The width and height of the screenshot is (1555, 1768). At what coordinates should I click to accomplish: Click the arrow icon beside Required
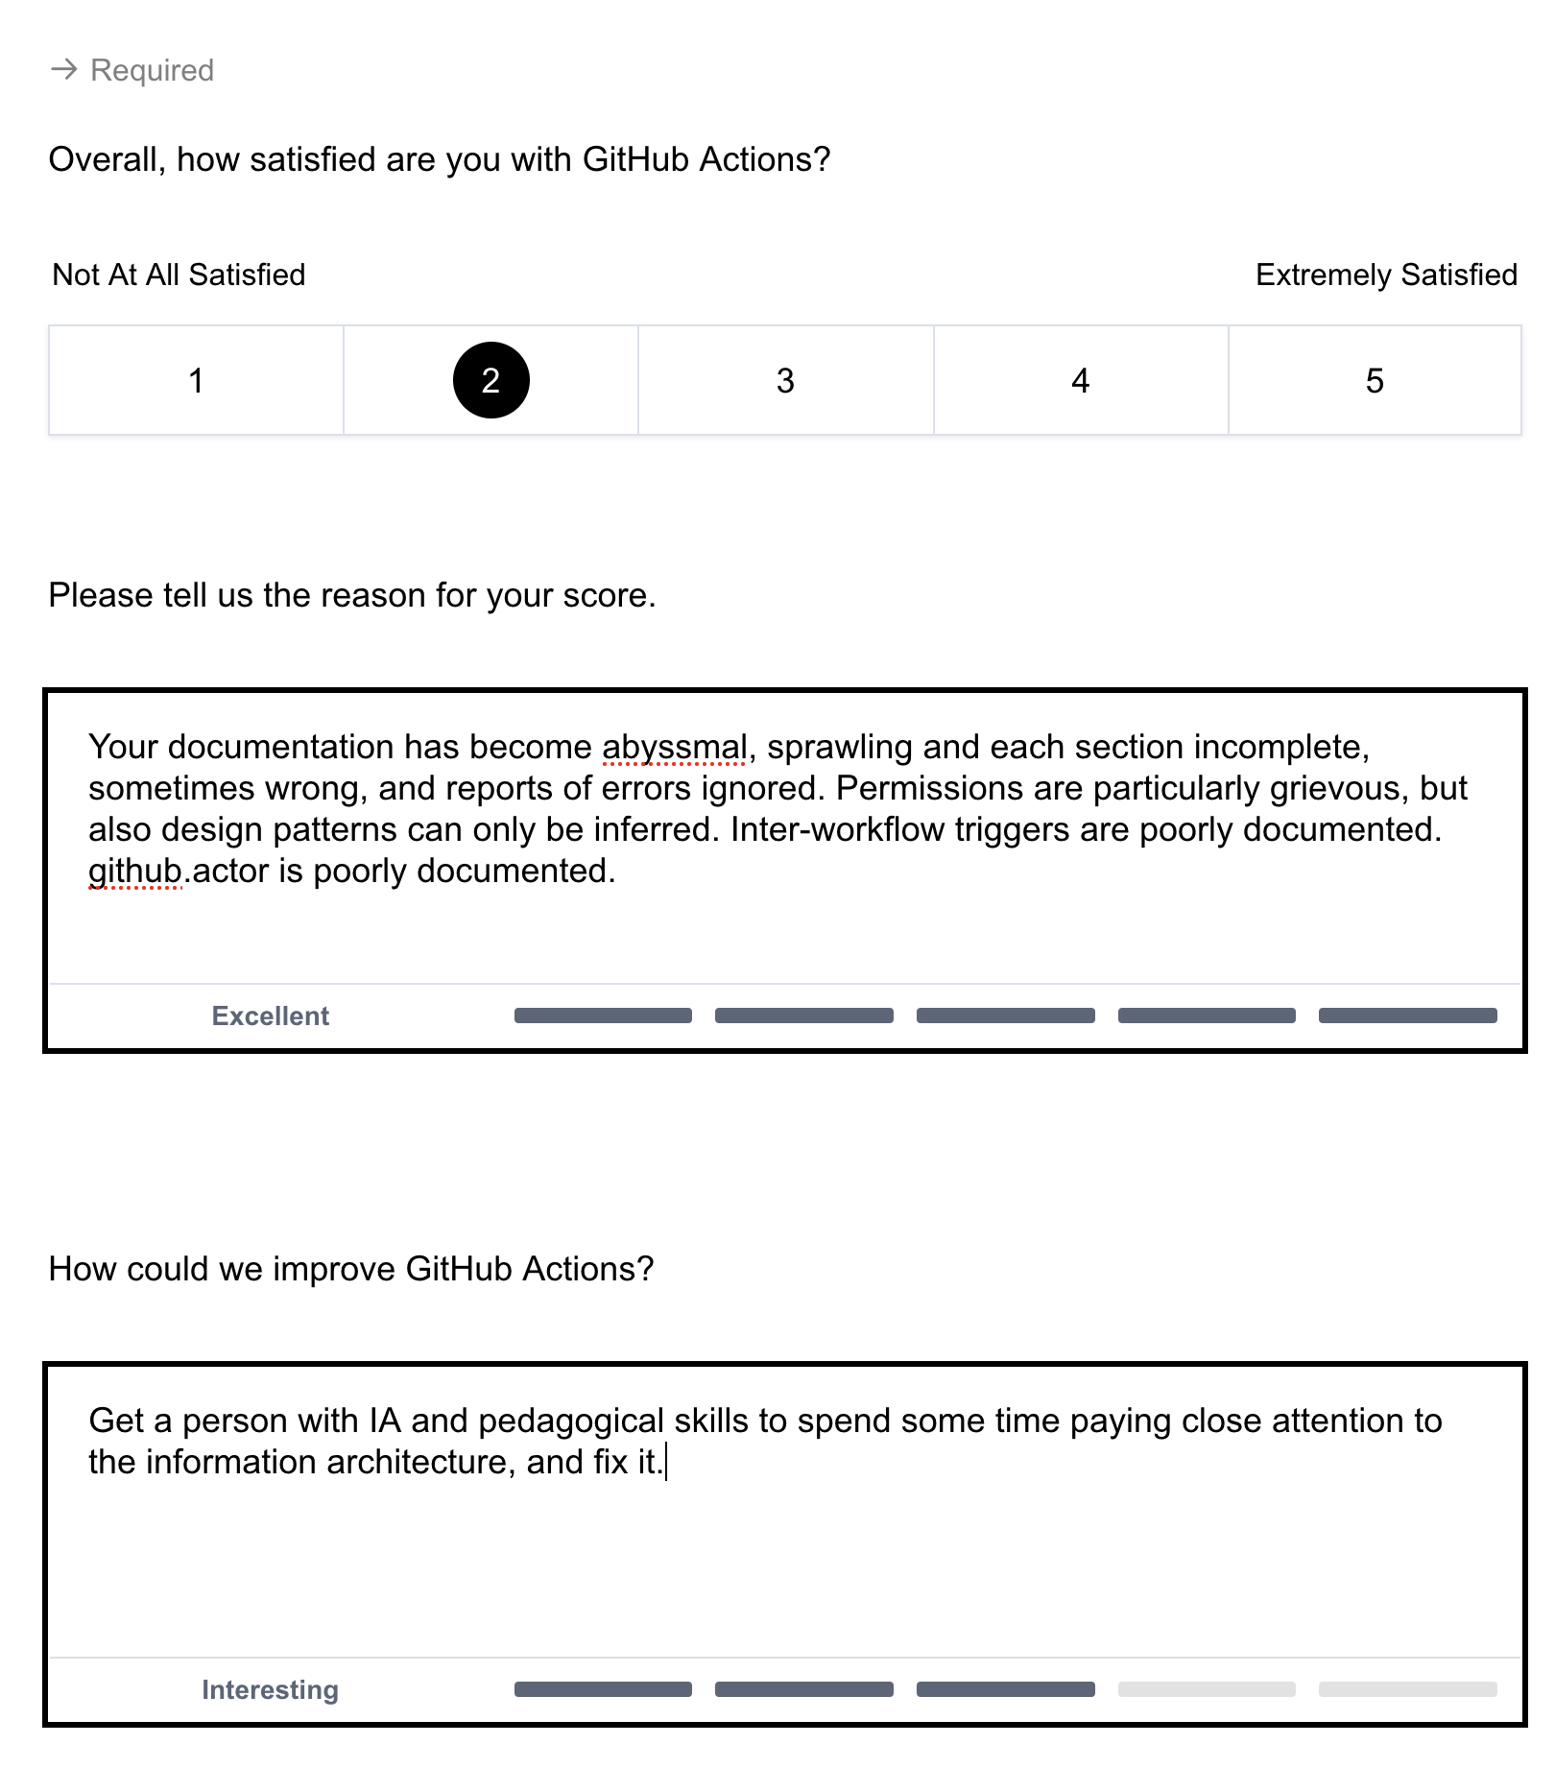63,69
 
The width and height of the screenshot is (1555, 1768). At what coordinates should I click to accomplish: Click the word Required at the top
152,70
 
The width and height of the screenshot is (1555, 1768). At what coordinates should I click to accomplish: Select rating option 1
196,380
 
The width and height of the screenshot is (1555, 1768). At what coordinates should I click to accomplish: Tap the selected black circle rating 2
490,380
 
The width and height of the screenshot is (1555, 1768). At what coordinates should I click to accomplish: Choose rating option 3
785,380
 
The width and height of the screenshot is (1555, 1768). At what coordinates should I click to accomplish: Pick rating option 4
1080,380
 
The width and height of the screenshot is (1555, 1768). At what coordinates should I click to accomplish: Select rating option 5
1375,380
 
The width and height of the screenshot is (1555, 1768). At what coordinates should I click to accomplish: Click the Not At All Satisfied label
179,275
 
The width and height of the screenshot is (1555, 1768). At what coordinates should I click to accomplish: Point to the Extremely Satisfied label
1386,275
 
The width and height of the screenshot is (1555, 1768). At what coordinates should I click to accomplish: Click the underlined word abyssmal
674,747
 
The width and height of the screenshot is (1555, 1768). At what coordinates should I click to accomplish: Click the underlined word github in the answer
134,871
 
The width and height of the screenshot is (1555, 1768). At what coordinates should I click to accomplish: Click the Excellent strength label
270,1015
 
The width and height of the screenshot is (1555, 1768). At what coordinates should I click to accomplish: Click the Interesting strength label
270,1689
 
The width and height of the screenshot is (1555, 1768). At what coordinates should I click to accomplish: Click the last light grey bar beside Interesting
1407,1689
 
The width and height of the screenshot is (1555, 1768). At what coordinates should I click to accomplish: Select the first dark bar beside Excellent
603,1015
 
